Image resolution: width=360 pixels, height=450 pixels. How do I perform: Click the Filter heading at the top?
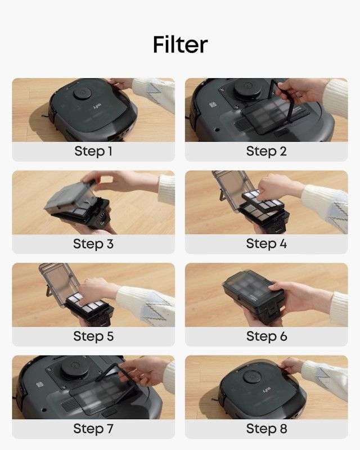(180, 44)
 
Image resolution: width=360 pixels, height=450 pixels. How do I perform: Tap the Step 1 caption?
(93, 151)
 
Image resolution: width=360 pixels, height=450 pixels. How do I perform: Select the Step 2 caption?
(266, 151)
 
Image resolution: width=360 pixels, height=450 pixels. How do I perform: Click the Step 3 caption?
(93, 244)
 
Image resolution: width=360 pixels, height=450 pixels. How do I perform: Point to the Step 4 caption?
(266, 244)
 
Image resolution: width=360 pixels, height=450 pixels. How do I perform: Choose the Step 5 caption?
(93, 336)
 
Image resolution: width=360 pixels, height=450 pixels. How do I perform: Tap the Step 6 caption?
(266, 336)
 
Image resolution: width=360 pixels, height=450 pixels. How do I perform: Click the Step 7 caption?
(93, 429)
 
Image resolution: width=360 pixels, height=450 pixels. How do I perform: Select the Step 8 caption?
(266, 429)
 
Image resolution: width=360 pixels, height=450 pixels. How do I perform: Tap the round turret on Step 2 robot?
(246, 88)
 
